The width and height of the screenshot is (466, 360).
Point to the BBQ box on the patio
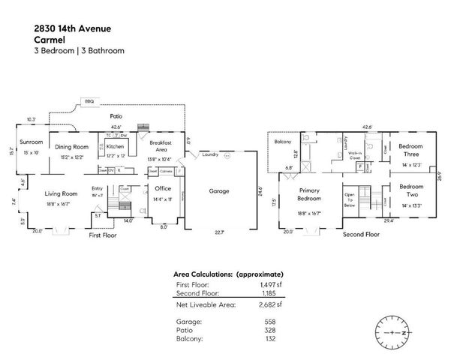coord(89,100)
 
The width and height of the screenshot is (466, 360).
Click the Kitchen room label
coord(115,146)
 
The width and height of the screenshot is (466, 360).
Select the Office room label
coord(162,190)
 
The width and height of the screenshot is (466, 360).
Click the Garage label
coord(219,190)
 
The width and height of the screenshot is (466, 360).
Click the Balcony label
coord(283,141)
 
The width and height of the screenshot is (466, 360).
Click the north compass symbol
coord(392,330)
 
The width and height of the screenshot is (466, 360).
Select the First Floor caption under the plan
coord(104,234)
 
